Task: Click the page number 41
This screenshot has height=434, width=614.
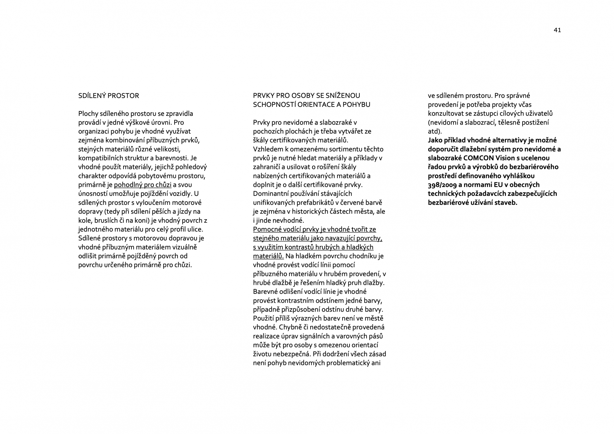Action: (557, 30)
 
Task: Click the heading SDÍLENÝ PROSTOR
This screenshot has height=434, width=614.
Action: (109, 96)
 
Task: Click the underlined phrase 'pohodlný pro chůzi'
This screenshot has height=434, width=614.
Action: (143, 185)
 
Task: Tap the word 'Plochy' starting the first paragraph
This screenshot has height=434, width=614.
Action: (88, 114)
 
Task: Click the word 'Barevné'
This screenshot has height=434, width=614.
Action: (265, 292)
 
